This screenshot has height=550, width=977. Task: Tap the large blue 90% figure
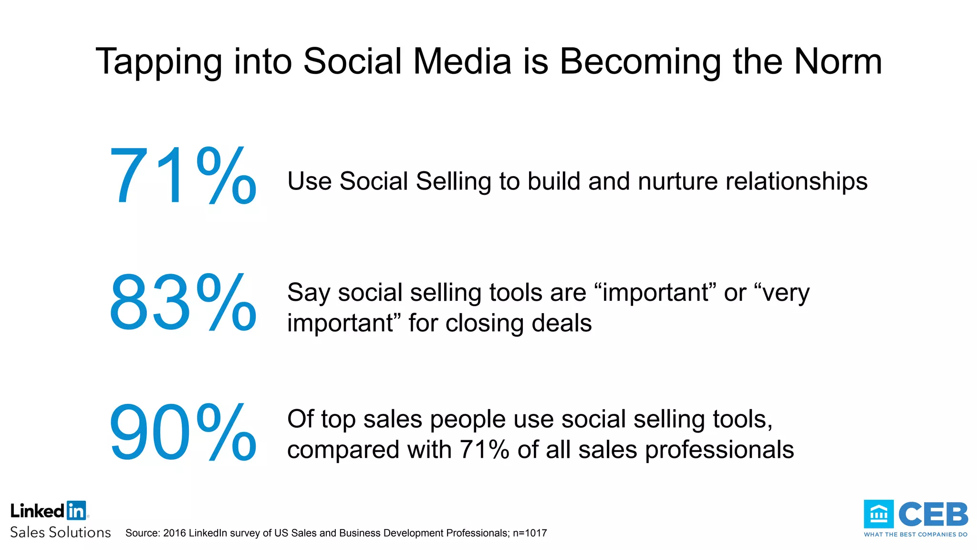pos(183,433)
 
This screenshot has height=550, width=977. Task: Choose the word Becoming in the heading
pos(640,63)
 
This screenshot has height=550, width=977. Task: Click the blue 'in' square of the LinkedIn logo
pos(76,510)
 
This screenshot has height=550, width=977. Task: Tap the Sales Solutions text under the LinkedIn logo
pos(61,532)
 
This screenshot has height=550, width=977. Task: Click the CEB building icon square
pos(878,514)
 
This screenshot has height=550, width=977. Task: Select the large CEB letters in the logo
pos(933,514)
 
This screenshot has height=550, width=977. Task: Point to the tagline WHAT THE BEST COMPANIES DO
pos(915,535)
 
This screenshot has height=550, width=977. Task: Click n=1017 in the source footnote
pos(530,533)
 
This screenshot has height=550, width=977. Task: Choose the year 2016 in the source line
pos(175,533)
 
